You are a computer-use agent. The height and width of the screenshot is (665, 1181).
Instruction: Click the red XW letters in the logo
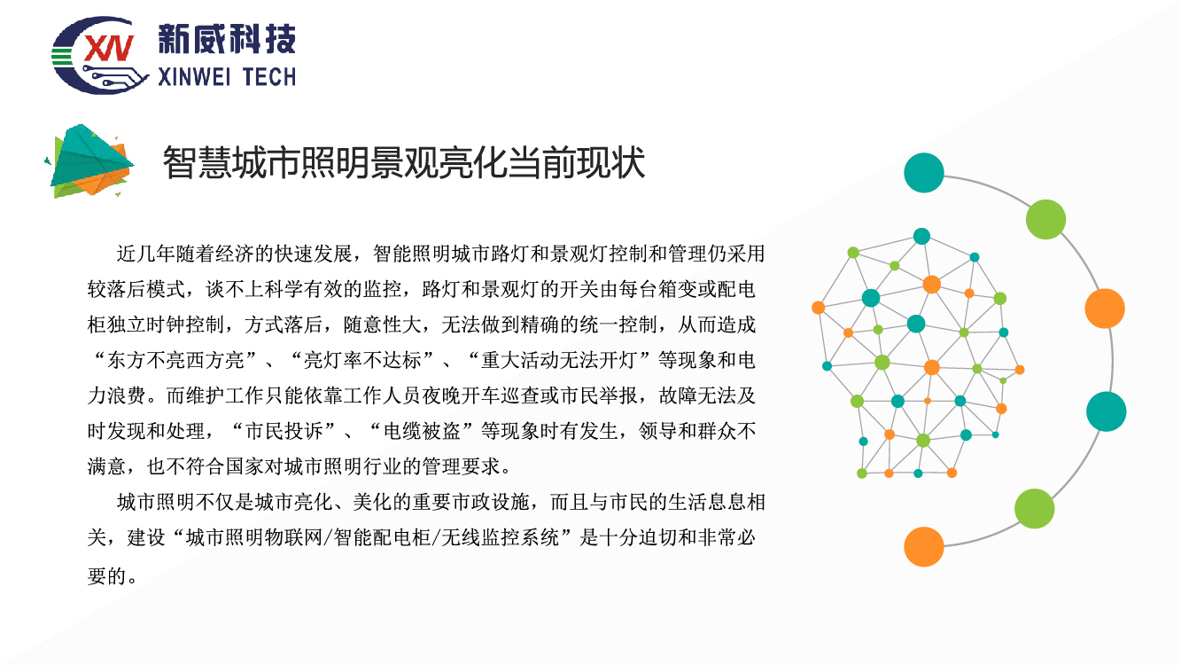tap(109, 48)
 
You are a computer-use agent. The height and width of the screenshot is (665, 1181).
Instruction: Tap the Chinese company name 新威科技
tap(227, 38)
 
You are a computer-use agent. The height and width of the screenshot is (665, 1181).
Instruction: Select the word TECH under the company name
tap(269, 78)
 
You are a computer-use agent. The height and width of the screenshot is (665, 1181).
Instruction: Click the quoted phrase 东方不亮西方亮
tap(176, 361)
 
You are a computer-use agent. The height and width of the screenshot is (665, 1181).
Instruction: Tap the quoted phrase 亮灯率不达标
tap(362, 361)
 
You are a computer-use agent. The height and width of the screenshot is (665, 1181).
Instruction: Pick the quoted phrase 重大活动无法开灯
tap(559, 361)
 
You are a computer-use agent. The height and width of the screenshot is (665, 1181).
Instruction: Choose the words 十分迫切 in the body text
tap(639, 538)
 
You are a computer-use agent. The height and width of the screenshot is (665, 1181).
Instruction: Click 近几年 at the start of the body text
tap(146, 254)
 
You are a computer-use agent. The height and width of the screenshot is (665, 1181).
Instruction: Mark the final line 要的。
tap(113, 575)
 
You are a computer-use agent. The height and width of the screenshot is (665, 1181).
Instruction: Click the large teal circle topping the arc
tap(924, 173)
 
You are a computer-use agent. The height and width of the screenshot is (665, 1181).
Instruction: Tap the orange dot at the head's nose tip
tap(1020, 370)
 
